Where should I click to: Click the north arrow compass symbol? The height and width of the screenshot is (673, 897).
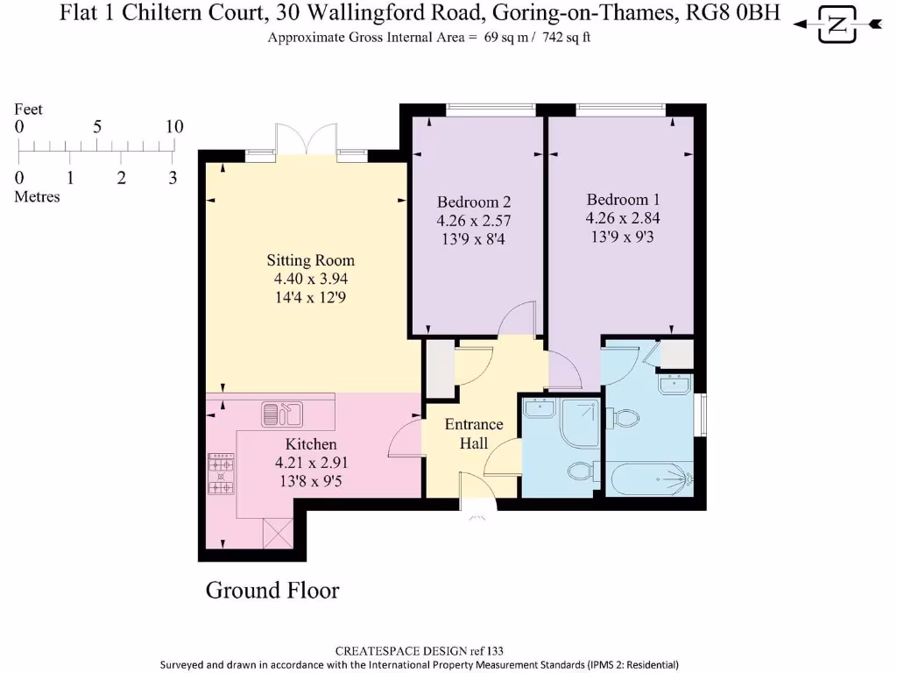pos(837,25)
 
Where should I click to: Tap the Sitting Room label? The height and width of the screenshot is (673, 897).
pos(310,260)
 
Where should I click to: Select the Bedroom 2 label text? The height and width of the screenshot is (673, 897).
pos(474,202)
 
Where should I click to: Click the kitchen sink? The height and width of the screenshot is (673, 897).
pos(281,412)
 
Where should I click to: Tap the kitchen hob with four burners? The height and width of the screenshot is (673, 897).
pos(221,474)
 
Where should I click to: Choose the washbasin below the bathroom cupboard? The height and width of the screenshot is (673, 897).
pos(675,384)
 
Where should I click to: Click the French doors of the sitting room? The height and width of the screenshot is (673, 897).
pos(306,140)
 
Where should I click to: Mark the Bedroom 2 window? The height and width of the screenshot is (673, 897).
pos(491,110)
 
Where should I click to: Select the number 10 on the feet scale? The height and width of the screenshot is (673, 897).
pos(174,127)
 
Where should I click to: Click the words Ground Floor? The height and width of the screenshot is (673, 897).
pos(272,590)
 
